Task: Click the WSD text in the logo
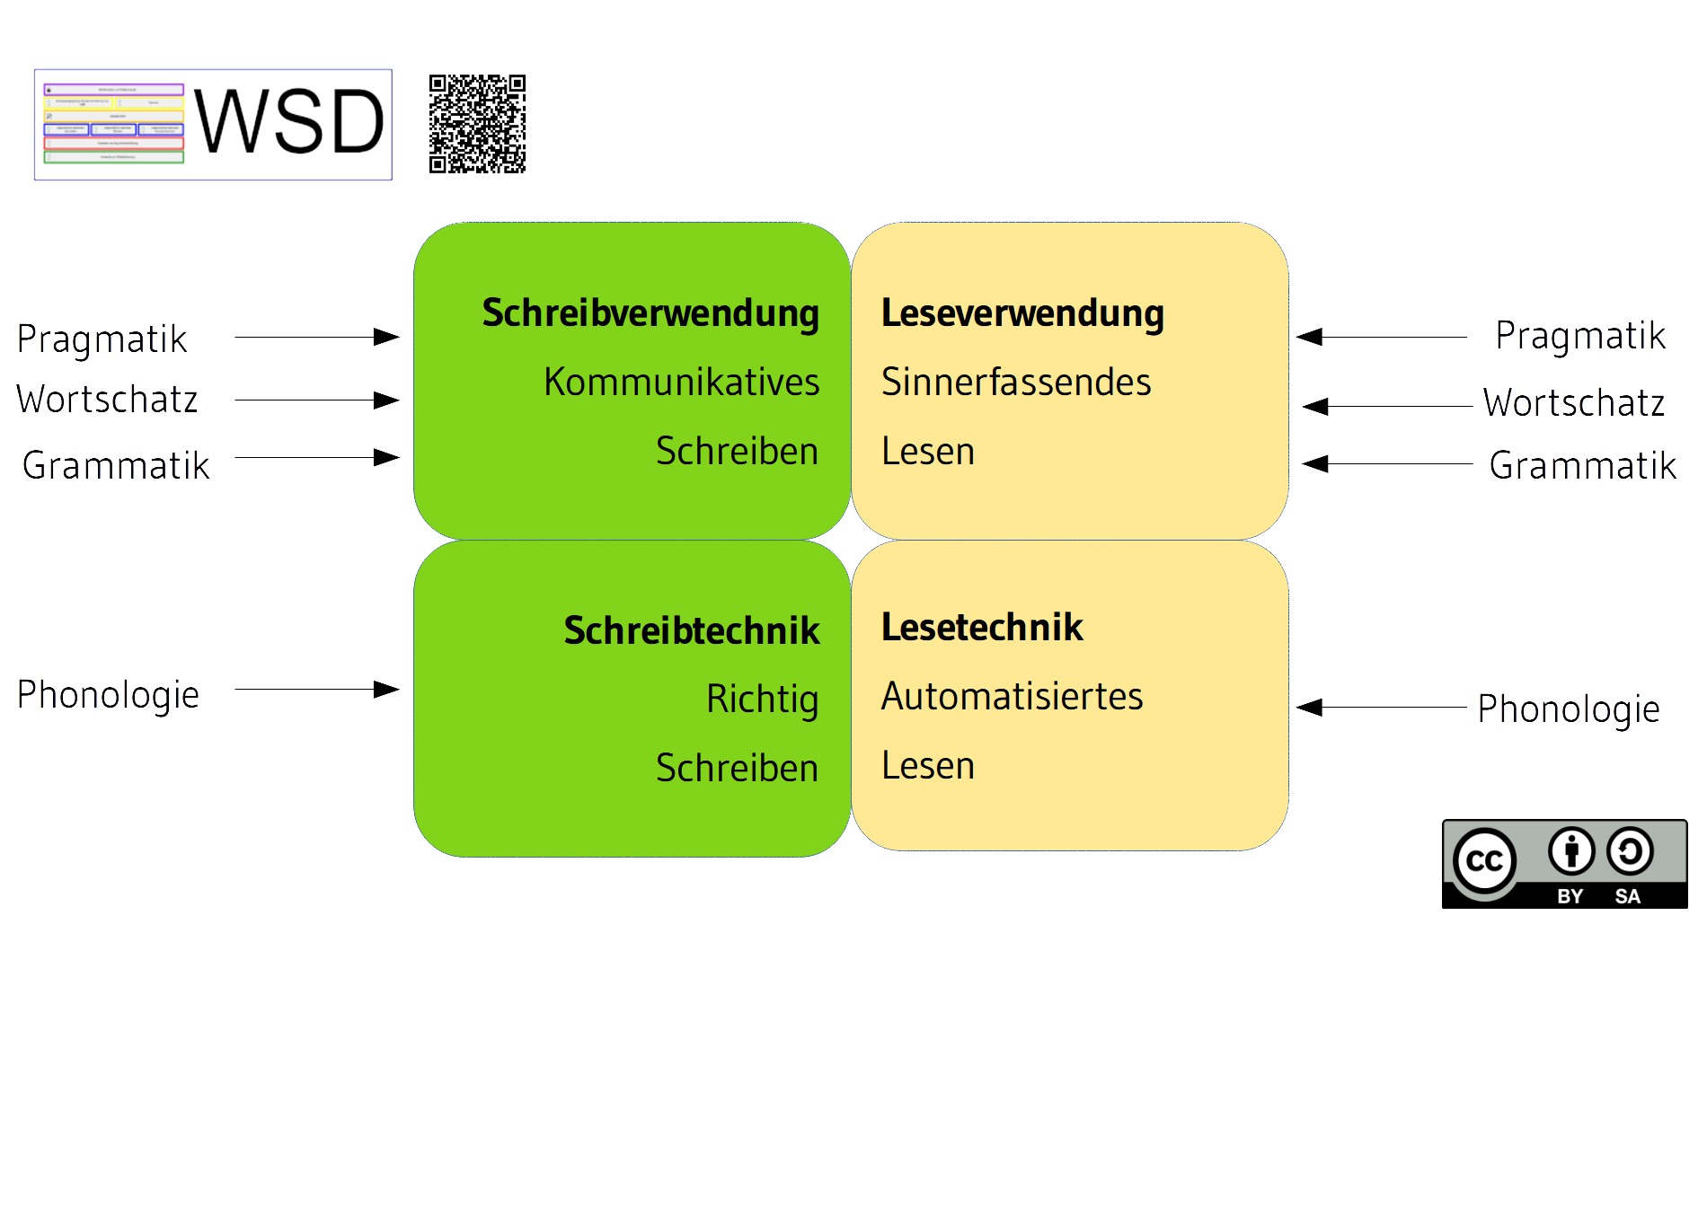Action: click(289, 122)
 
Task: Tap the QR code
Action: click(477, 124)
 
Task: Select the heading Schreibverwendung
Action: click(650, 313)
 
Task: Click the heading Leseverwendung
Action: click(1022, 313)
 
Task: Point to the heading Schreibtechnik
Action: click(691, 630)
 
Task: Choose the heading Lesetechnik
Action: click(982, 627)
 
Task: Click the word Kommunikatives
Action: click(681, 383)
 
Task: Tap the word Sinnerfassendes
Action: click(1016, 383)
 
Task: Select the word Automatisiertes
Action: click(1012, 697)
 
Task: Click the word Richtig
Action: click(762, 700)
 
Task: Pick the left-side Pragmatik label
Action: click(102, 339)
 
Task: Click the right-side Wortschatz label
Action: click(1573, 403)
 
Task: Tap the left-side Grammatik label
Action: click(115, 466)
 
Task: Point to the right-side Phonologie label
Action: click(1568, 709)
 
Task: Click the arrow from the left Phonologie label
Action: click(316, 690)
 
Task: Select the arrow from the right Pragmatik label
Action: click(1381, 337)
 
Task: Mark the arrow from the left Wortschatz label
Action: click(316, 400)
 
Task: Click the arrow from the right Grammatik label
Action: click(1386, 464)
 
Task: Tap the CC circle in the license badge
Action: click(1484, 861)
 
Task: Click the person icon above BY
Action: click(1570, 850)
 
